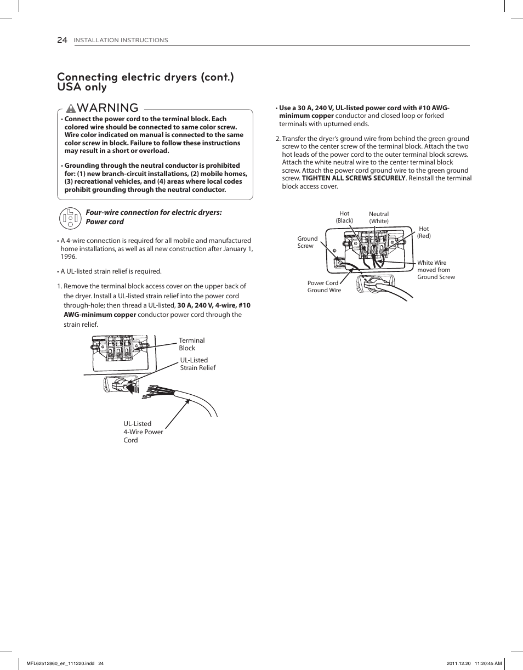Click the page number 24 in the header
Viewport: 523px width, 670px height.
(62, 40)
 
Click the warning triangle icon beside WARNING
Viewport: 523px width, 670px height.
(71, 108)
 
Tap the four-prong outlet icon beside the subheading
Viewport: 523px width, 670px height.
(70, 218)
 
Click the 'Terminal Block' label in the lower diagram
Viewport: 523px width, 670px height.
(191, 344)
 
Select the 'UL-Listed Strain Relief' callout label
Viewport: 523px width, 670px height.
(197, 364)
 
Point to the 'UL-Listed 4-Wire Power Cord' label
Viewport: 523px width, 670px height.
(143, 432)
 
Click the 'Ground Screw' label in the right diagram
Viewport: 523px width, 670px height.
(307, 242)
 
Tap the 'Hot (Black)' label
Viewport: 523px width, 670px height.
(344, 217)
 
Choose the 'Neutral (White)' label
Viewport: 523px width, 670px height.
(379, 218)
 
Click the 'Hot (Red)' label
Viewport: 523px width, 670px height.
(424, 232)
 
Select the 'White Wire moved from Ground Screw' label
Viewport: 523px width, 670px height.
(436, 270)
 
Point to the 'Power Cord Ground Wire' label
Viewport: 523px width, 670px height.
(323, 287)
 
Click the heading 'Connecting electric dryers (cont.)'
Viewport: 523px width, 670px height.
(145, 77)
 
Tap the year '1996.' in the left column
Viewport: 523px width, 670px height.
(69, 257)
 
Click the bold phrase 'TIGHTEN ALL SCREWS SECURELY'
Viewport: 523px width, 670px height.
(354, 179)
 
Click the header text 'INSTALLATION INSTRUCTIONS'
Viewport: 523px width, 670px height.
(121, 41)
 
